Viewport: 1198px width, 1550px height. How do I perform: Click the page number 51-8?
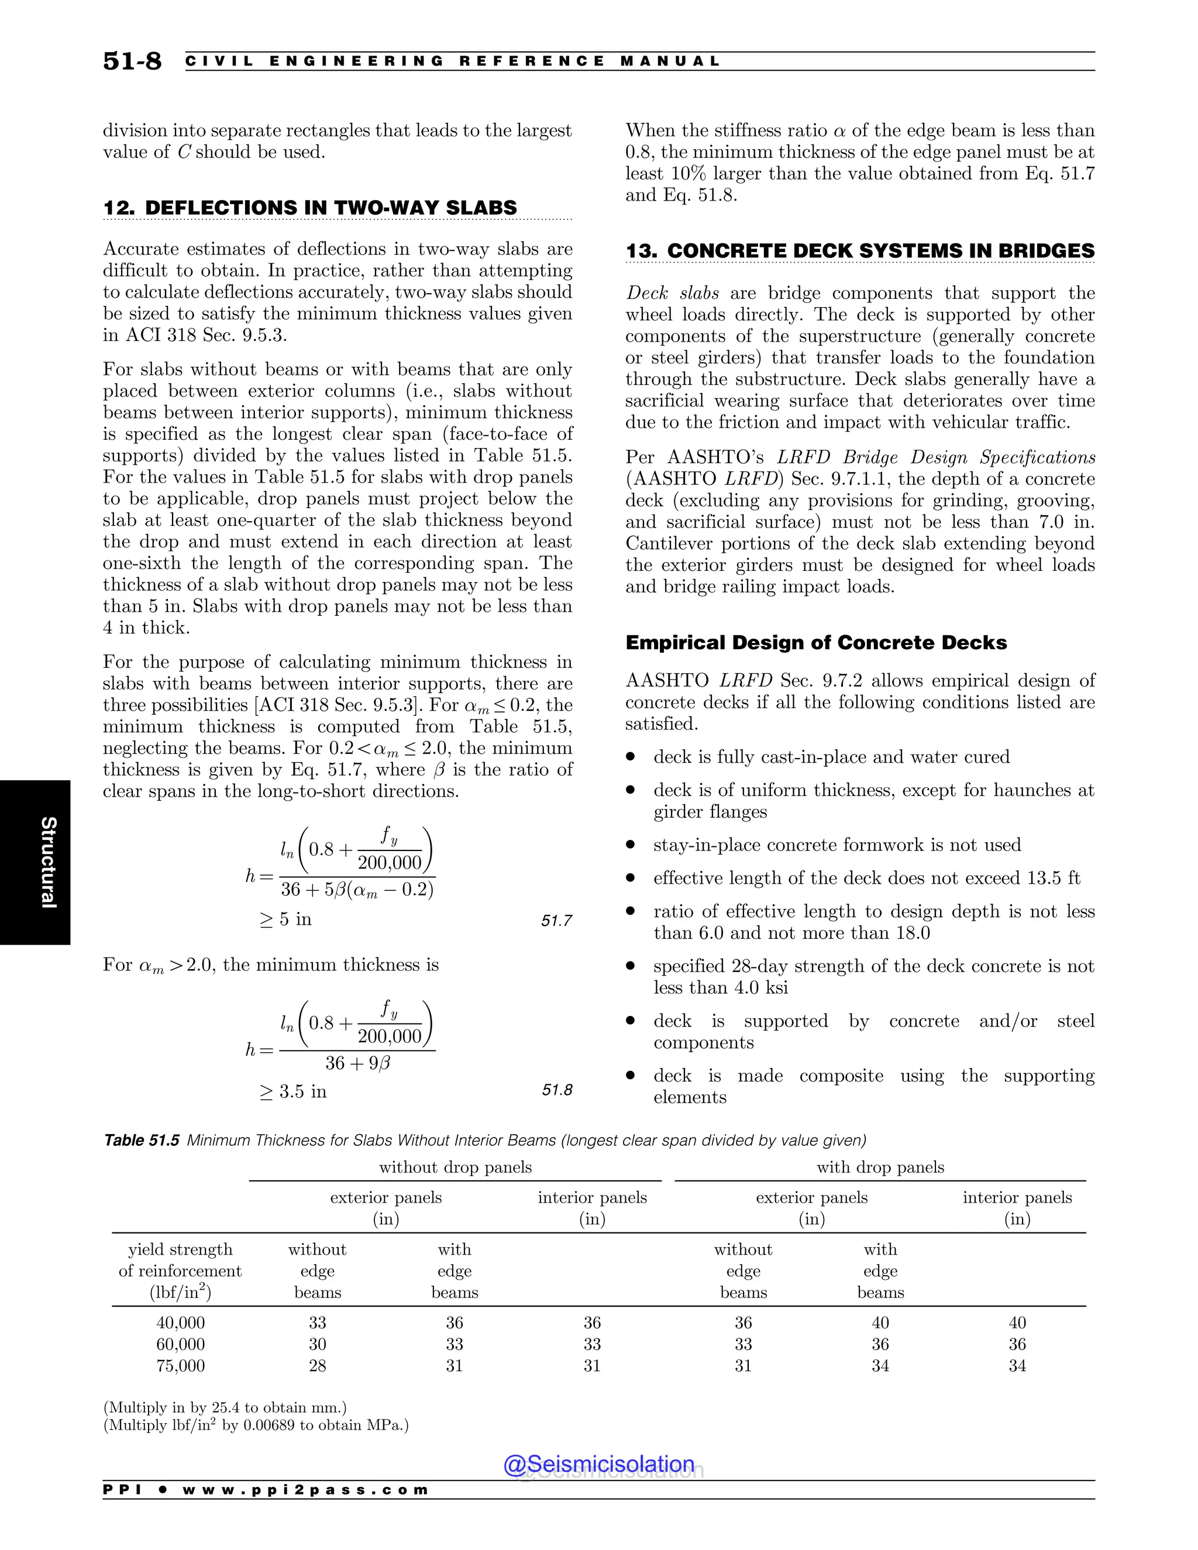tap(132, 61)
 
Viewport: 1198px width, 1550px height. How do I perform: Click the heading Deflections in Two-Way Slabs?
tap(310, 208)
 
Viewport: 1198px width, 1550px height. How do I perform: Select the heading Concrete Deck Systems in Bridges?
tap(859, 252)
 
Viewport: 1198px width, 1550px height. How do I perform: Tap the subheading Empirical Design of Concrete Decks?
tap(815, 643)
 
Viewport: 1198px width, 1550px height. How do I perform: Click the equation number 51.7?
tap(556, 921)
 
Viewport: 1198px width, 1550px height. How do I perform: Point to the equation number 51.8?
tap(556, 1090)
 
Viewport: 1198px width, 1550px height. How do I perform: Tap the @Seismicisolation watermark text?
tap(598, 1463)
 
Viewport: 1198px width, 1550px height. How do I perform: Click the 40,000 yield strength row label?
tap(180, 1323)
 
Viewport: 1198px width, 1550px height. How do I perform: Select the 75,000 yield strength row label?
tap(180, 1366)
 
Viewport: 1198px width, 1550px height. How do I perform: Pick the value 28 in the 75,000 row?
tap(317, 1366)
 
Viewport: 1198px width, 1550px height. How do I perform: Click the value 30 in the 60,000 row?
tap(317, 1344)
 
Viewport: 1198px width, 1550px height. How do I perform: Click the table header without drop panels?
tap(455, 1167)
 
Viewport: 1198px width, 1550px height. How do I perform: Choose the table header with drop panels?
tap(880, 1167)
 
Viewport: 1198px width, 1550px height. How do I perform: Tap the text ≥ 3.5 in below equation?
tap(293, 1091)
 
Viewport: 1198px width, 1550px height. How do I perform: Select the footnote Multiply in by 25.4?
tap(225, 1407)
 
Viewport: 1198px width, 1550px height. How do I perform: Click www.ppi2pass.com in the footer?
tap(305, 1490)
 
